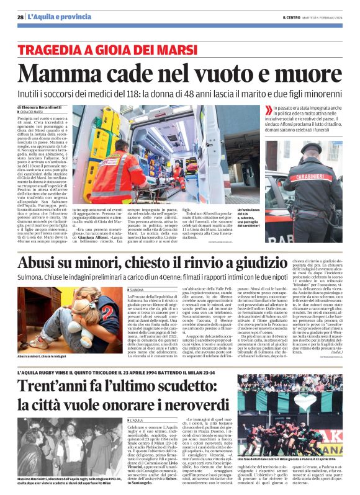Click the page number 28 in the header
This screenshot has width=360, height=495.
tap(20, 17)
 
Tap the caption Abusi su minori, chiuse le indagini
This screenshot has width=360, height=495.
tap(47, 357)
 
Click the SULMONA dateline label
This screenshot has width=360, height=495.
tap(137, 290)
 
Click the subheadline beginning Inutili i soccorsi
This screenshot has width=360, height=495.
tap(180, 92)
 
